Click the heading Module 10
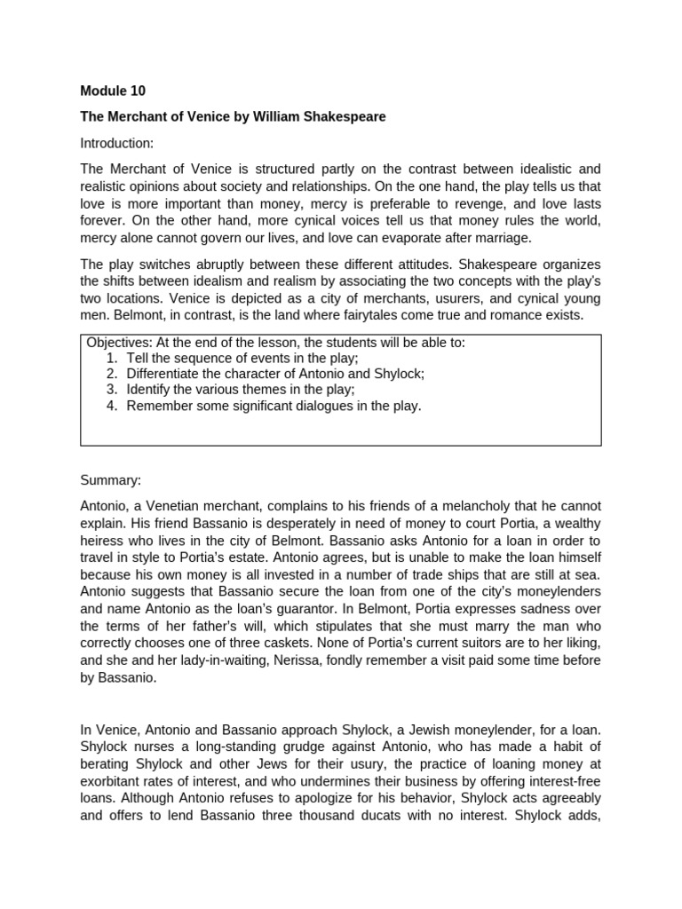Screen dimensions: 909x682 [x=113, y=91]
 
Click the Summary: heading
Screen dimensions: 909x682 [x=111, y=480]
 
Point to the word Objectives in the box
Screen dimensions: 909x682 [x=118, y=343]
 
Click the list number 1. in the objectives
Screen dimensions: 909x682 [x=112, y=358]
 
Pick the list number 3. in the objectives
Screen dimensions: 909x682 [x=112, y=390]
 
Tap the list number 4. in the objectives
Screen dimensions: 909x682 [x=112, y=406]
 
